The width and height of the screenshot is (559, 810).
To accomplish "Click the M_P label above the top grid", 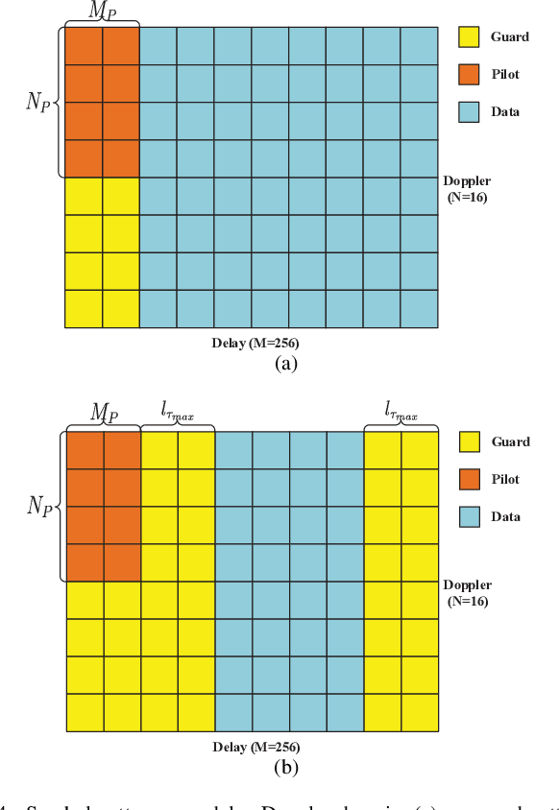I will (x=102, y=10).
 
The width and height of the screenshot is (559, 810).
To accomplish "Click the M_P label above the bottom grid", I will (x=103, y=414).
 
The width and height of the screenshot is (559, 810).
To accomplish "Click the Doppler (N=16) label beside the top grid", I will (x=467, y=189).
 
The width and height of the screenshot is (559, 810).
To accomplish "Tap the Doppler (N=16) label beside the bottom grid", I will (x=467, y=593).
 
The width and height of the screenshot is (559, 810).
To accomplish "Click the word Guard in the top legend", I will (x=509, y=37).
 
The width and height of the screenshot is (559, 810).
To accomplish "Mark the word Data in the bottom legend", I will (x=505, y=516).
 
